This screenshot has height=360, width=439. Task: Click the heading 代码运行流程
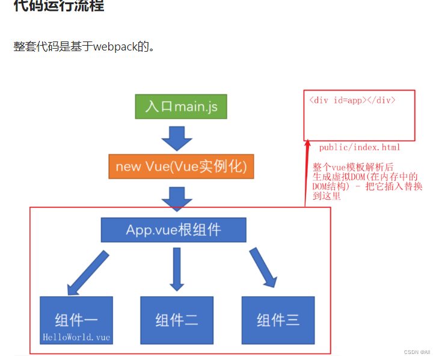click(58, 6)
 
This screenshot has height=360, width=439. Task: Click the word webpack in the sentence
click(114, 46)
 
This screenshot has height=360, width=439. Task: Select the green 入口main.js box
click(181, 106)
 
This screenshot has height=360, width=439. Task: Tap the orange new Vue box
click(181, 166)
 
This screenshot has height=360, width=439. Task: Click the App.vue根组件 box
click(173, 230)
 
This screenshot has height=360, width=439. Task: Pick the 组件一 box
click(76, 319)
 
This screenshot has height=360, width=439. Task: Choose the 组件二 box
click(177, 320)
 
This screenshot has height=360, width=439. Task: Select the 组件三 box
click(277, 320)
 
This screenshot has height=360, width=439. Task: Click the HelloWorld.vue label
click(76, 337)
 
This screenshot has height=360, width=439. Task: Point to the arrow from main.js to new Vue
click(177, 139)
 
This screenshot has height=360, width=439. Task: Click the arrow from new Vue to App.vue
click(177, 198)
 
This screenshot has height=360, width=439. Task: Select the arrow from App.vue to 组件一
click(87, 273)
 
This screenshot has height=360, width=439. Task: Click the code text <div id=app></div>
click(352, 100)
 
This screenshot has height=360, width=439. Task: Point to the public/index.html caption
click(360, 147)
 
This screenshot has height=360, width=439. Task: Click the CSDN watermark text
click(417, 352)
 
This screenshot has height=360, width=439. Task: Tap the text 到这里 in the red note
click(327, 196)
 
